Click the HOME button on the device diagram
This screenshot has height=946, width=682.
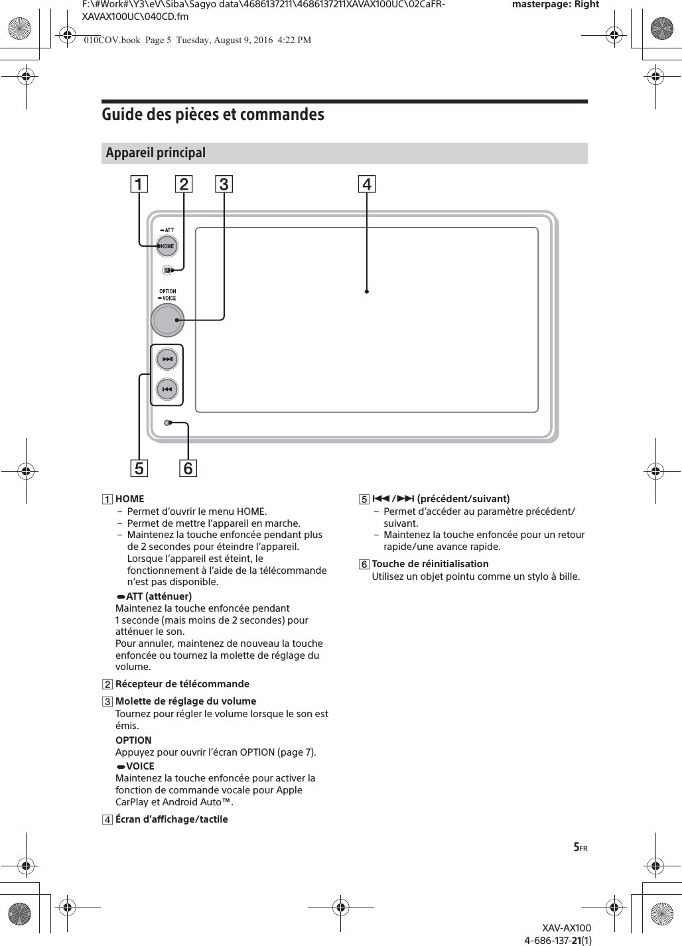point(167,246)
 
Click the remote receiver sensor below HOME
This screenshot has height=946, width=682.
point(167,270)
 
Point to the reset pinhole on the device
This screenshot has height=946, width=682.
point(169,423)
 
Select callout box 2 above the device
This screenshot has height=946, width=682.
point(184,184)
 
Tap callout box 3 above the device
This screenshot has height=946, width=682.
point(224,184)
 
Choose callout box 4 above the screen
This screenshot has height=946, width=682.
point(367,184)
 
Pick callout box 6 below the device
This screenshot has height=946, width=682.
point(188,468)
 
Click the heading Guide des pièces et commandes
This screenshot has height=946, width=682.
point(213,115)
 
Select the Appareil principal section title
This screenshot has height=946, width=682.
point(157,153)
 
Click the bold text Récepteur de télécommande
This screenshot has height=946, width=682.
point(182,684)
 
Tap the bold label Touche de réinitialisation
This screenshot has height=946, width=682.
point(430,564)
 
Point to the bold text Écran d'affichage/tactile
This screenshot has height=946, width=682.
point(171,819)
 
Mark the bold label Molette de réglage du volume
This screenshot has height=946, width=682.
point(186,701)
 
